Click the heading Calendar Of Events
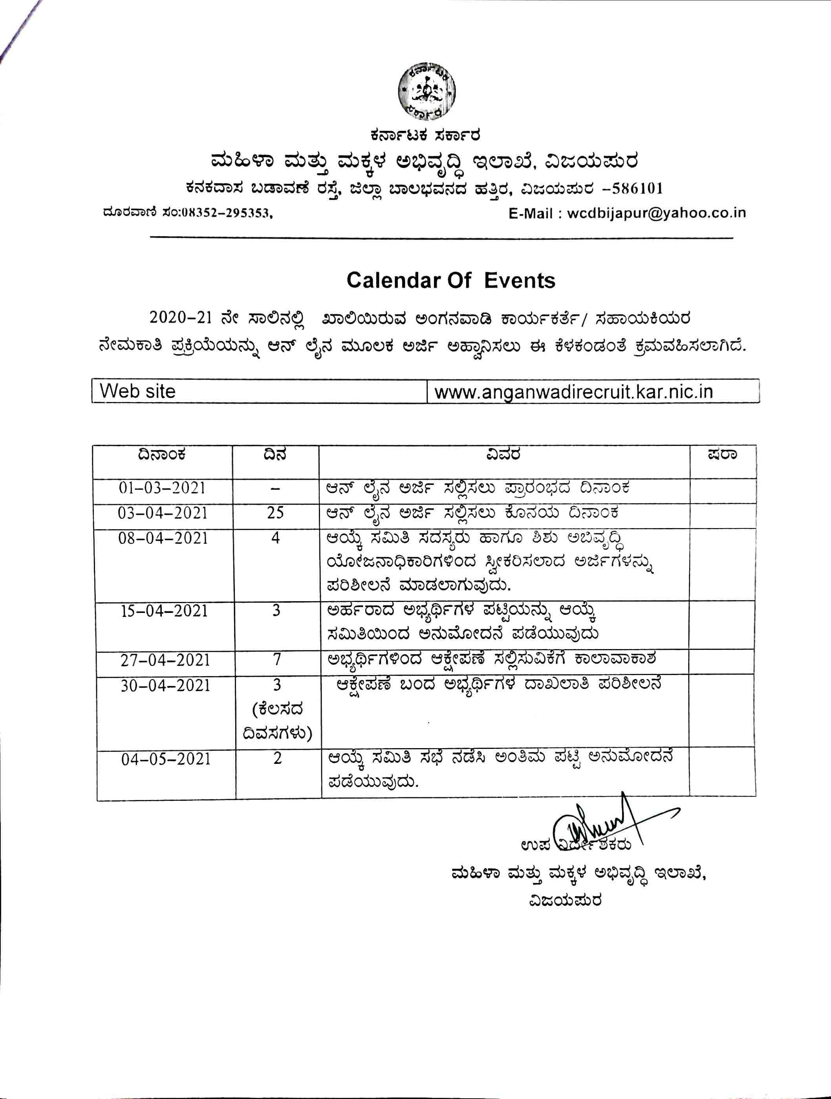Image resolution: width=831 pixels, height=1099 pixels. coord(450,281)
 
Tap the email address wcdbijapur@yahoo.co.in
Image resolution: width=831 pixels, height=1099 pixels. coord(656,213)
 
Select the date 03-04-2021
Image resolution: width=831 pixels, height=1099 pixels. coord(163,513)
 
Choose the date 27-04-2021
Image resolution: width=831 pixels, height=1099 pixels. coord(165,660)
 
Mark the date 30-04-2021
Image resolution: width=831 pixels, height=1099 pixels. coord(165,686)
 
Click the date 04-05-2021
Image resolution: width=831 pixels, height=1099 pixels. coord(166,759)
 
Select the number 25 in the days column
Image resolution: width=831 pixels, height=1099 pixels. coord(275,512)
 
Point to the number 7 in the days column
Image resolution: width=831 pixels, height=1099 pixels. coord(276,660)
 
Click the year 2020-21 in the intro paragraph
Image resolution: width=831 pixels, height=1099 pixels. coord(180,317)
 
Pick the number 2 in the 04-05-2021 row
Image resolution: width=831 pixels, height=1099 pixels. coord(278,758)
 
